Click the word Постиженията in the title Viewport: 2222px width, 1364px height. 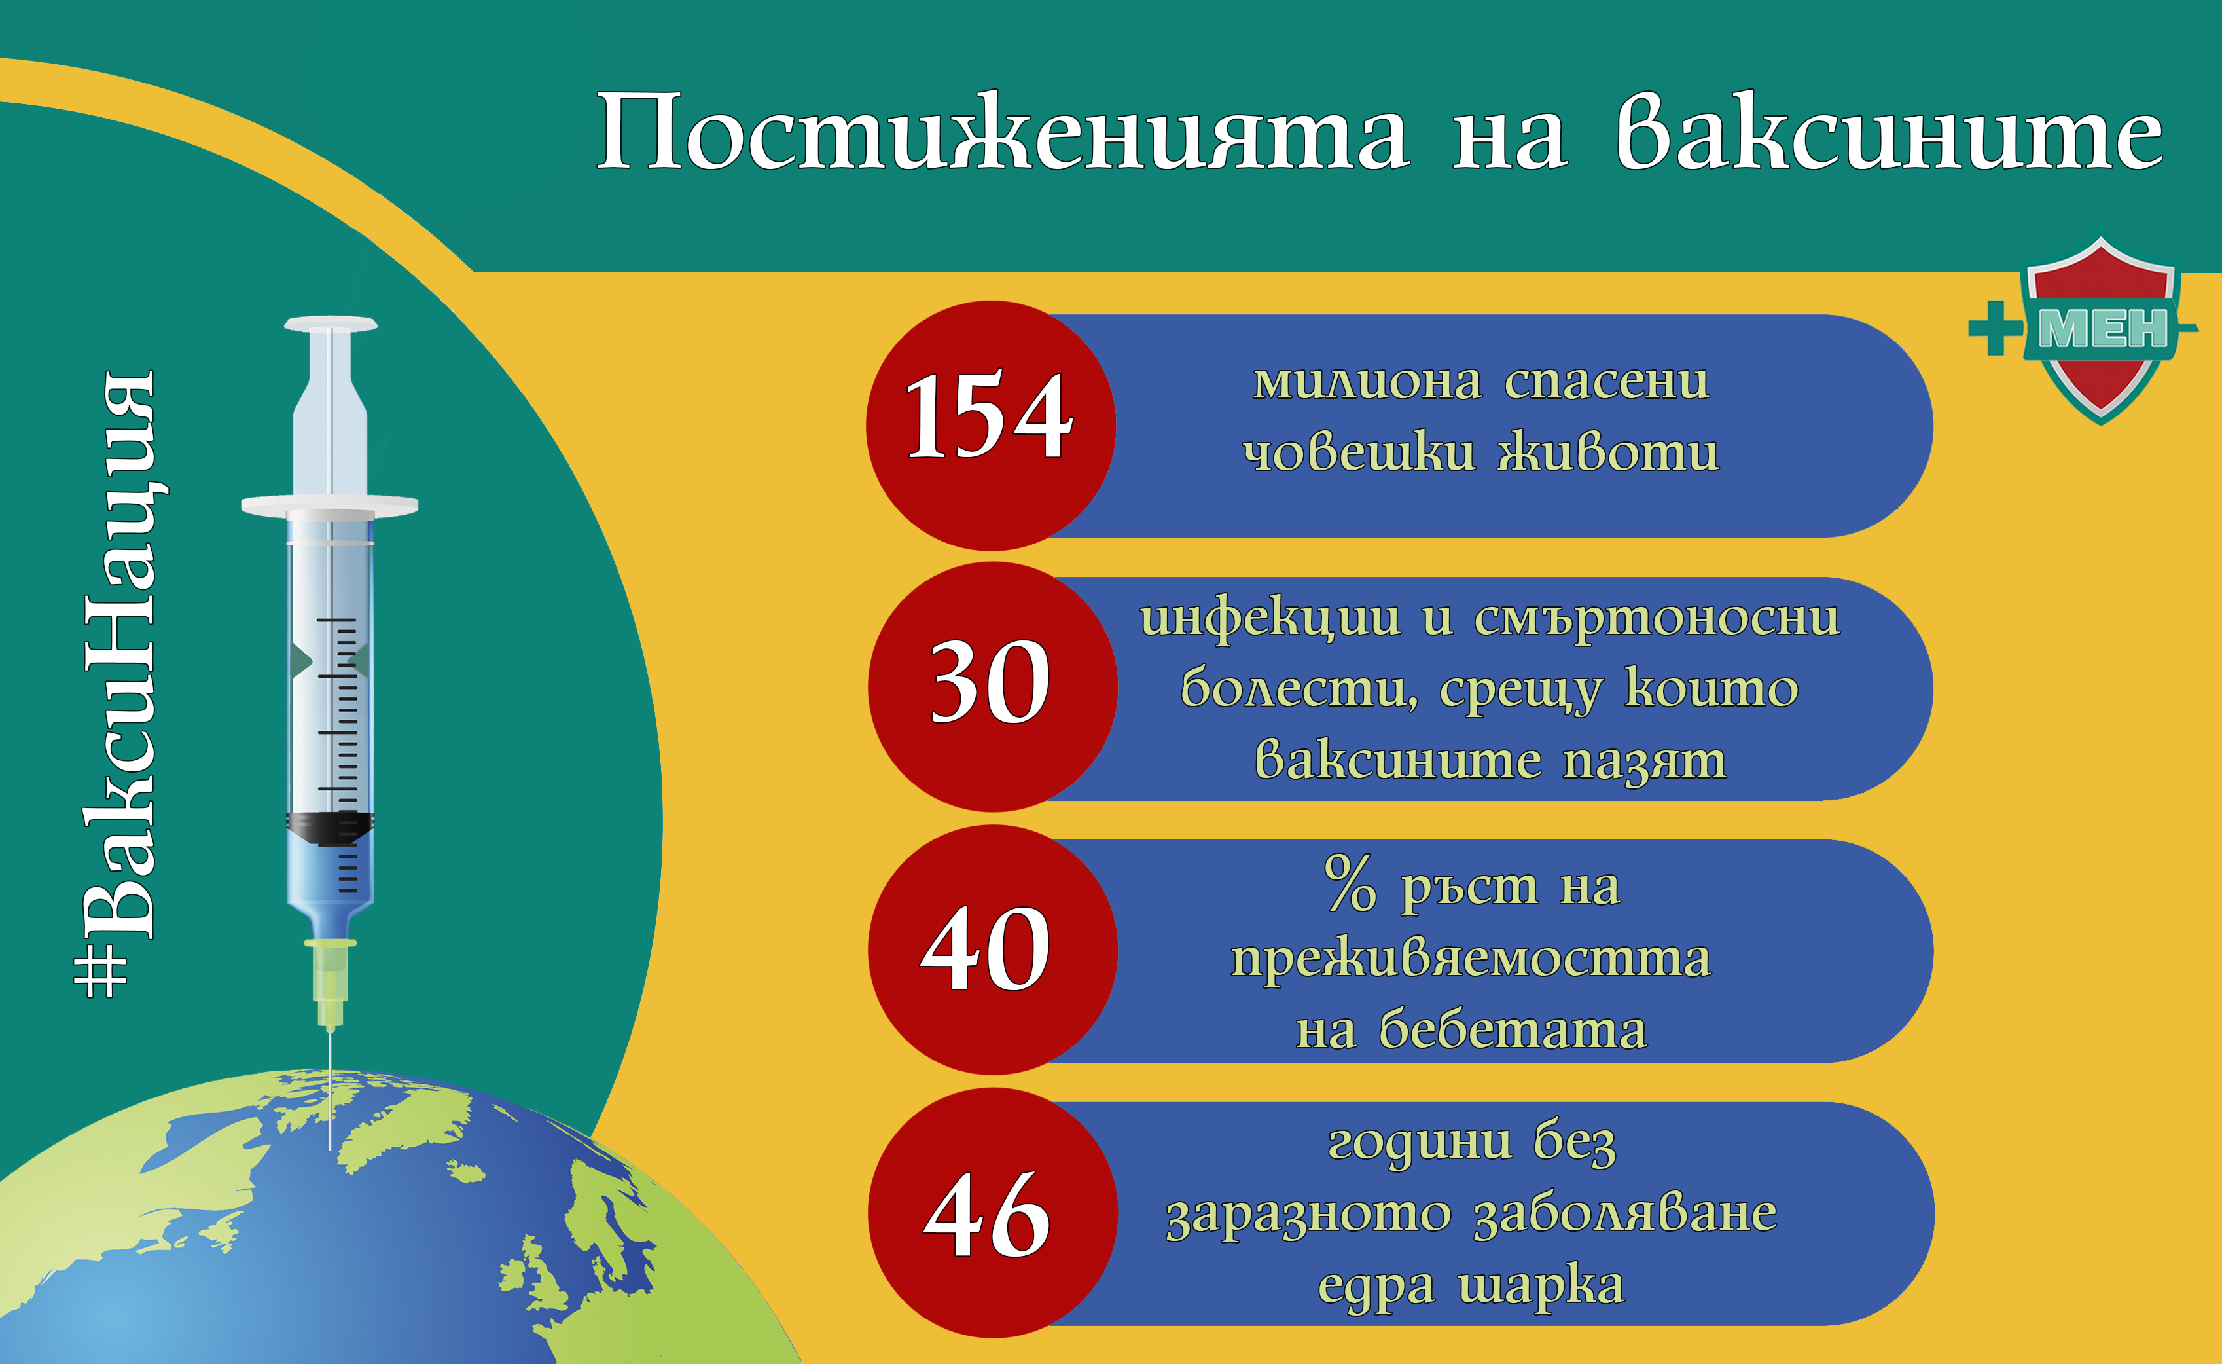pos(1001,134)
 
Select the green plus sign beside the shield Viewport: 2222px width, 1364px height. pos(1996,328)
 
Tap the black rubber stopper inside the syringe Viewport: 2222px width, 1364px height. pos(330,826)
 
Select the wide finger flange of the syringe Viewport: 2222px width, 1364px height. pos(330,504)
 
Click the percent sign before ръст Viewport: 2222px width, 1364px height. pos(1350,884)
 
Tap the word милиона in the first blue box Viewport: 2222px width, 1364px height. pos(1367,382)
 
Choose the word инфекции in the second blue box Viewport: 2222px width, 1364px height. pos(1270,619)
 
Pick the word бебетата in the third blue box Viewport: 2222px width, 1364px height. pos(1513,1029)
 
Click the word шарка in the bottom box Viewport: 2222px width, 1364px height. pos(1541,1285)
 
